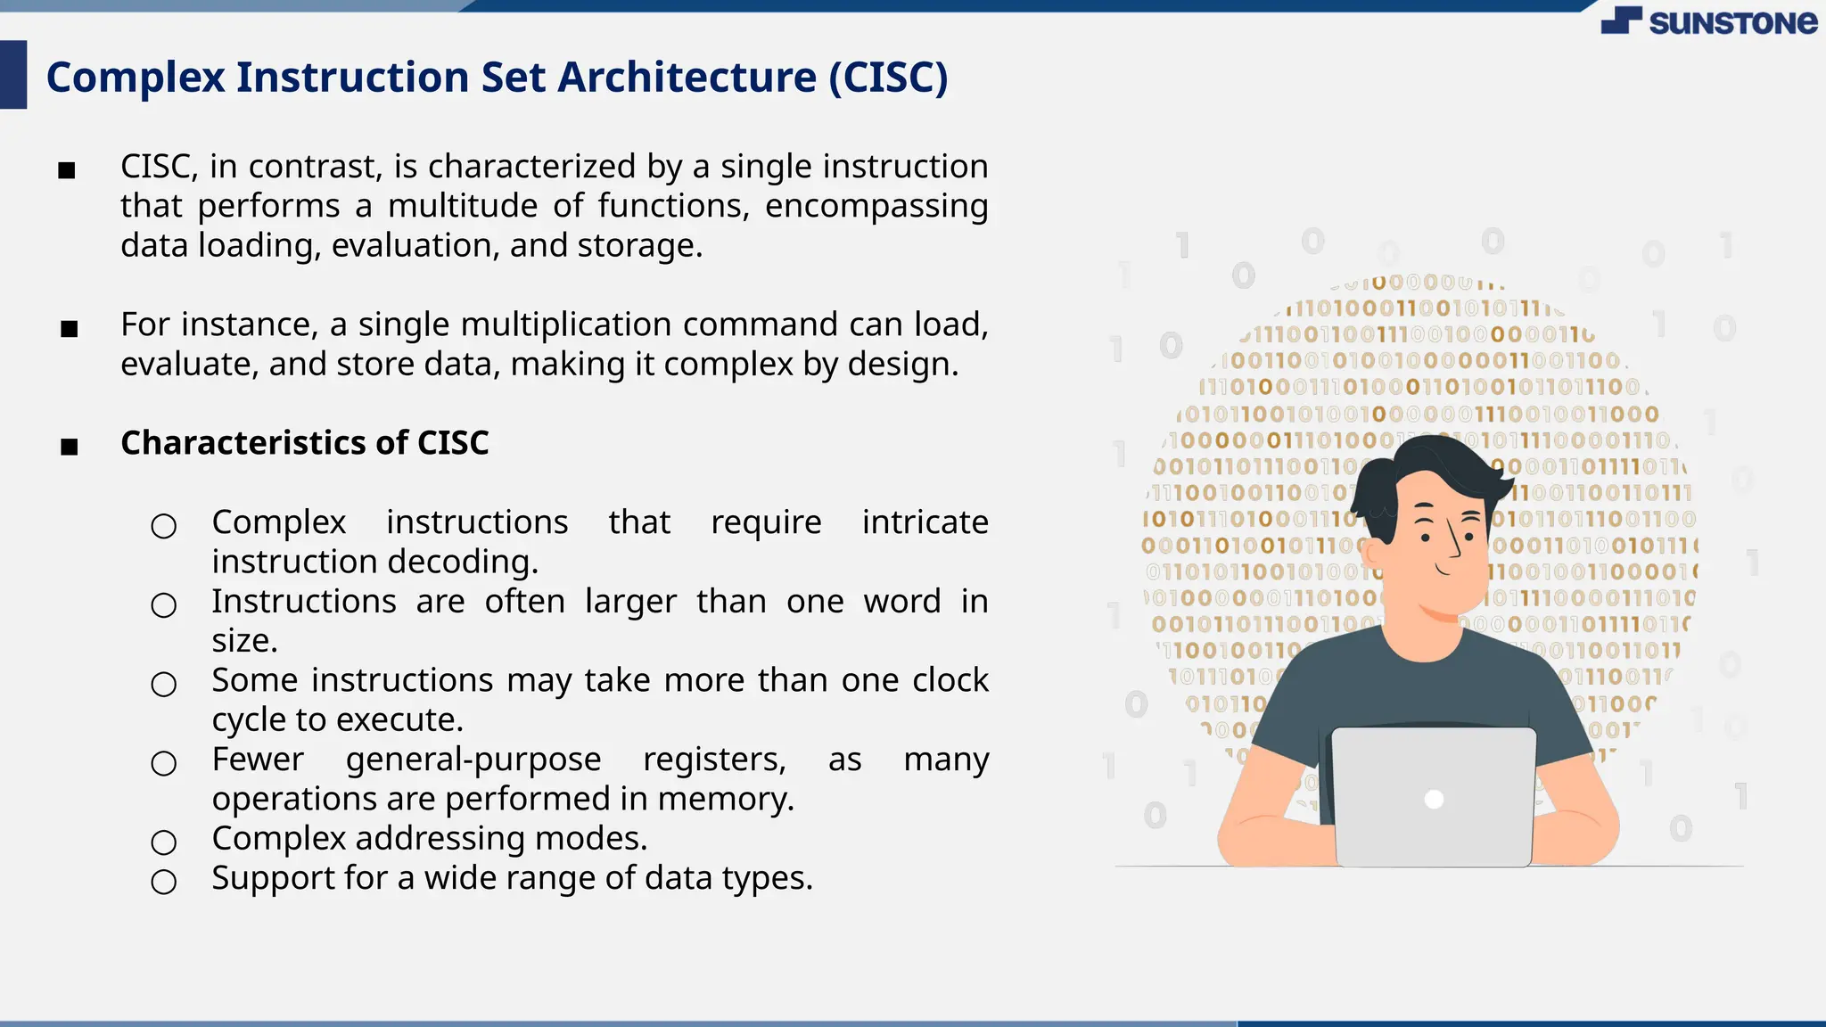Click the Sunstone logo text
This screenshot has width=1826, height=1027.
tap(1731, 22)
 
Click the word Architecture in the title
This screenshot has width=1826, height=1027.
tap(687, 78)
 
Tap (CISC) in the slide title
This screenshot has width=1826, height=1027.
tap(888, 78)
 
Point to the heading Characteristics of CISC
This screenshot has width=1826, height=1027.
tap(305, 443)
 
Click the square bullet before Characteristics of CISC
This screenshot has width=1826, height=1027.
tap(70, 447)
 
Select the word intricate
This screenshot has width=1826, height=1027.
tap(925, 522)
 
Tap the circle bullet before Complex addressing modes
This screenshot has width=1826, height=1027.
tap(164, 842)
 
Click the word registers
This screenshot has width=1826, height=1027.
tap(714, 760)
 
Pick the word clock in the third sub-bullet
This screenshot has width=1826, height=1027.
tap(950, 680)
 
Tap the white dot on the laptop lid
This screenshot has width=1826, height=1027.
tap(1434, 799)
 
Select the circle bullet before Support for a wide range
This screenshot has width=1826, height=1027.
tap(164, 882)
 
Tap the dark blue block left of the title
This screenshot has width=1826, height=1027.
tap(13, 75)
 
